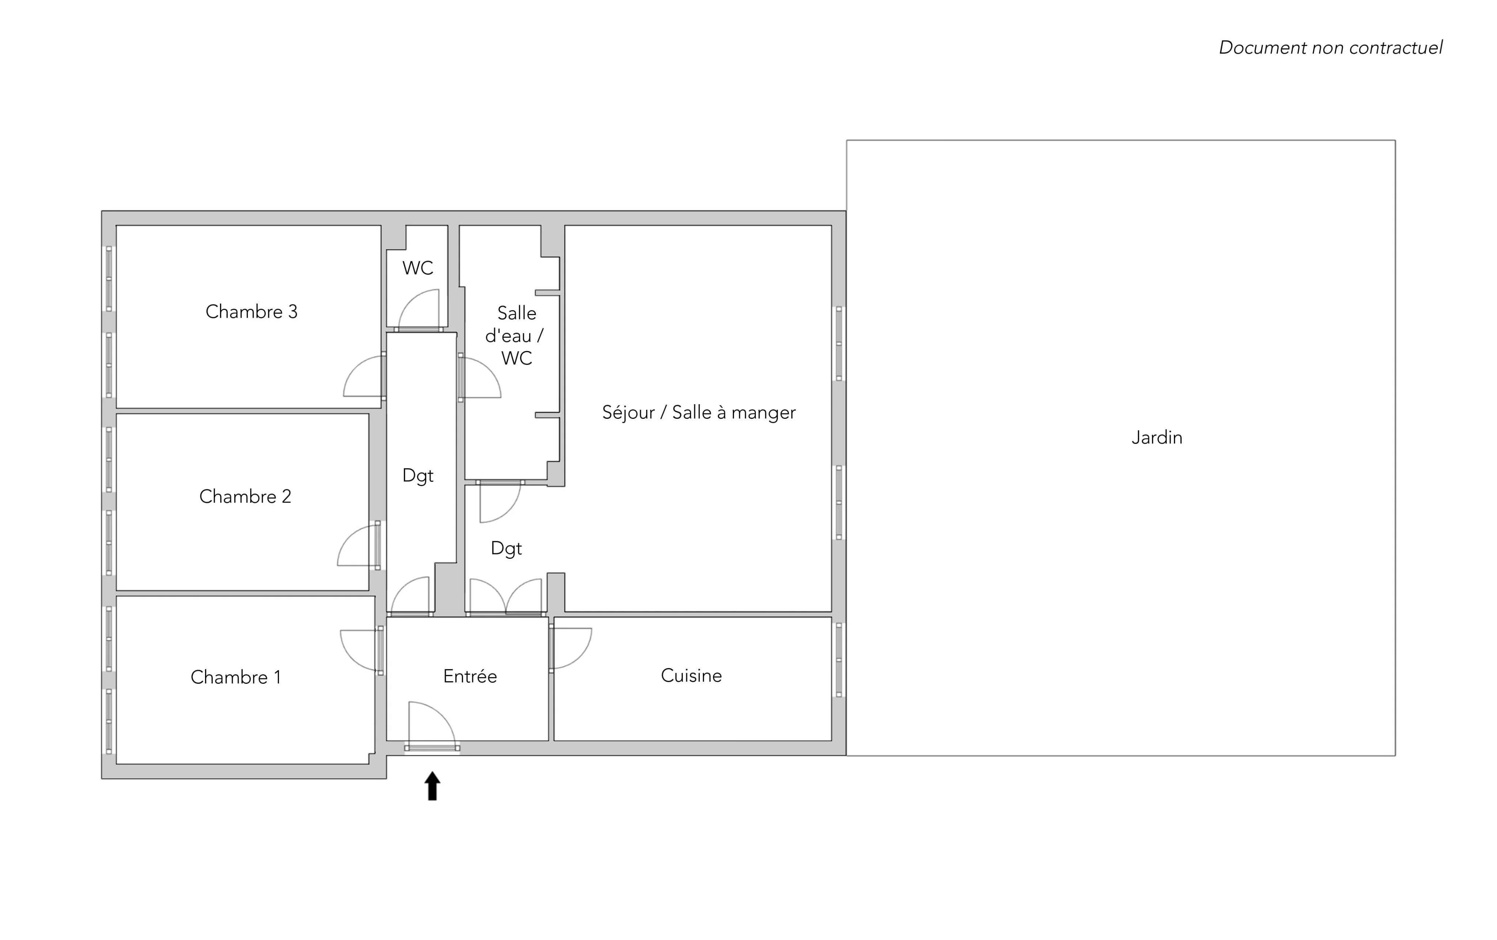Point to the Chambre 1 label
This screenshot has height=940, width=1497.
pyautogui.click(x=236, y=677)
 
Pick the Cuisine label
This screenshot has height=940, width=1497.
pyautogui.click(x=691, y=676)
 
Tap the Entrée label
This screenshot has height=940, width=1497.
pyautogui.click(x=470, y=676)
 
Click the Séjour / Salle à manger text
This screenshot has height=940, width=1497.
pyautogui.click(x=699, y=413)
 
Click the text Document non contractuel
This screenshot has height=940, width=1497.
pyautogui.click(x=1330, y=48)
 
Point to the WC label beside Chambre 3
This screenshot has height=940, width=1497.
pyautogui.click(x=418, y=268)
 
